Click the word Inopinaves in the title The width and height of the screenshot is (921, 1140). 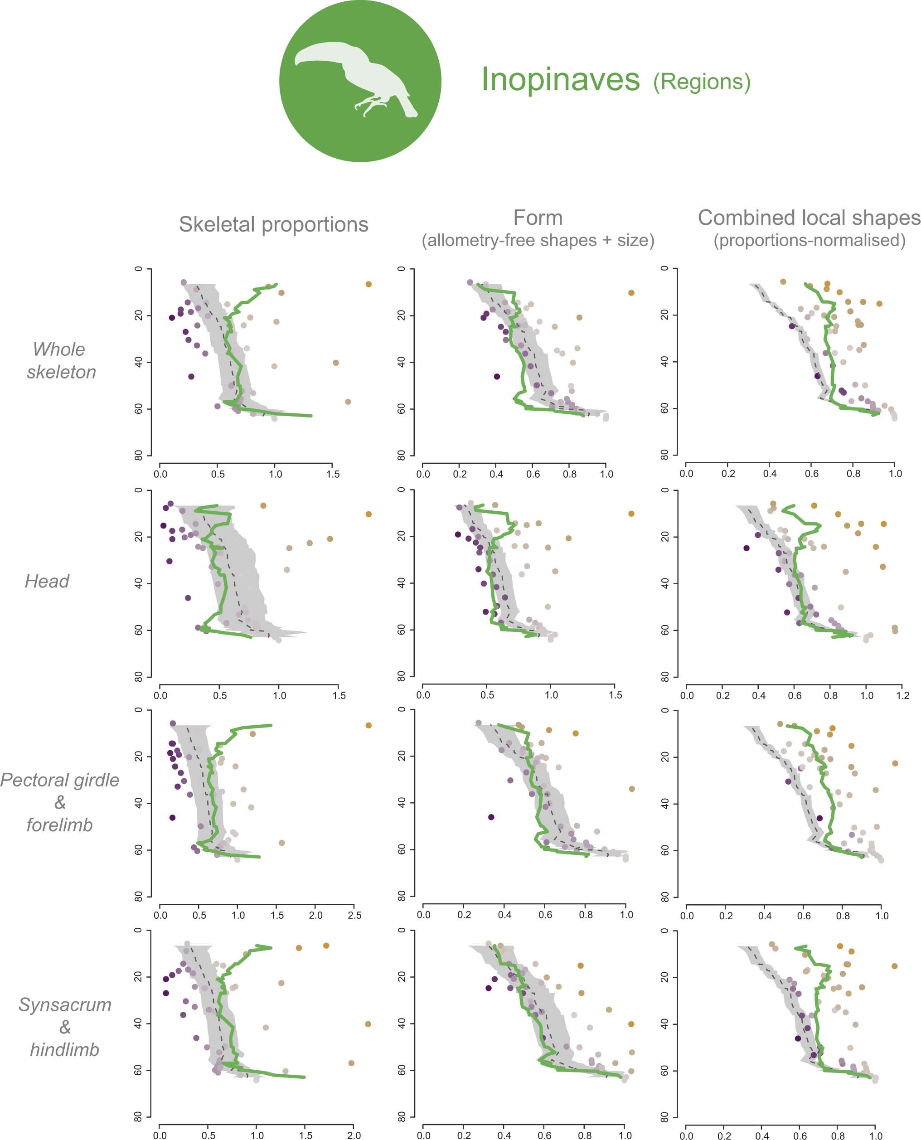click(x=560, y=80)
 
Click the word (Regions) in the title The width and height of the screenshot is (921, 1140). click(x=701, y=82)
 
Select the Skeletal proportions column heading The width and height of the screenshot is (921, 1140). click(x=273, y=224)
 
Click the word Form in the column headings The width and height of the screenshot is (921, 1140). click(x=538, y=218)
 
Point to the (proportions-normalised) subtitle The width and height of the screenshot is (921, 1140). click(x=809, y=240)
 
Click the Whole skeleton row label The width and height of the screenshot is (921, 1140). click(x=61, y=360)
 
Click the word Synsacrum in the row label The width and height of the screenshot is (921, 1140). click(x=65, y=1005)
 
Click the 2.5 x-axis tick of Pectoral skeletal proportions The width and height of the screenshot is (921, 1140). click(x=354, y=915)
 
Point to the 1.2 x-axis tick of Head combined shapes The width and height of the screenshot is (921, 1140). click(x=902, y=695)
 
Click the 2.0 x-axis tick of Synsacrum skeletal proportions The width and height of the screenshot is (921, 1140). click(x=354, y=1135)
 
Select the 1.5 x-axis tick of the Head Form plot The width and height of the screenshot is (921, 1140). click(x=615, y=694)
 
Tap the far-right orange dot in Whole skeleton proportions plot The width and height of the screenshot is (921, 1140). click(x=368, y=284)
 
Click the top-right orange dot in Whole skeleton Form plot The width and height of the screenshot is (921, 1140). click(x=631, y=293)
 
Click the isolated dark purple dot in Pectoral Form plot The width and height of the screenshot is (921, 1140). click(x=491, y=817)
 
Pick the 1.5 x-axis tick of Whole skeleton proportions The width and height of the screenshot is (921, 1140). click(x=333, y=474)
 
